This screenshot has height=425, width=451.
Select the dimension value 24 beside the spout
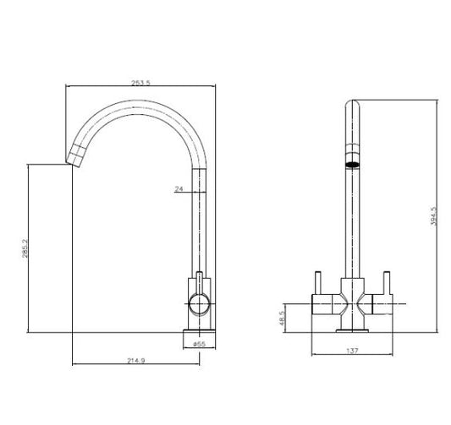point(179,190)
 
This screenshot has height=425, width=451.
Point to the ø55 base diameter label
point(200,343)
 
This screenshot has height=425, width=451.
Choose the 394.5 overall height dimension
point(433,219)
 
